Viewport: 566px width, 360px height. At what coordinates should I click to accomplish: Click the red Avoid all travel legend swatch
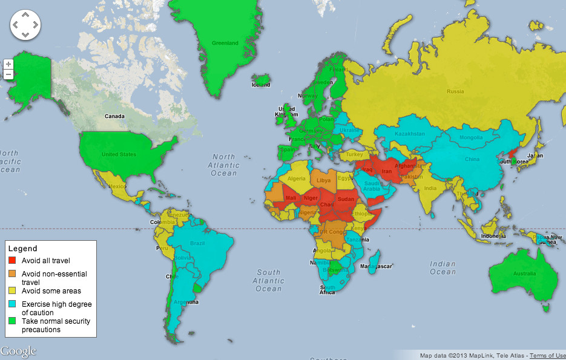[12, 261]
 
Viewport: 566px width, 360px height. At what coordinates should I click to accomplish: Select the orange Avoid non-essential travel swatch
[12, 274]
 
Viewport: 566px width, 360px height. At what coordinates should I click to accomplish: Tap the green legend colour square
[12, 321]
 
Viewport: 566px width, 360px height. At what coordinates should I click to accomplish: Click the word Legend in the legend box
[22, 249]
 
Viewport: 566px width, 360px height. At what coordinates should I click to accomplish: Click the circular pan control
[25, 25]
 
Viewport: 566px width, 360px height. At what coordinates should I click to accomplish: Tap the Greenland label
[225, 43]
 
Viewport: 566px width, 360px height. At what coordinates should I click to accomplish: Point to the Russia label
[455, 92]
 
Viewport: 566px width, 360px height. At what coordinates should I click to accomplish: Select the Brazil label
[198, 243]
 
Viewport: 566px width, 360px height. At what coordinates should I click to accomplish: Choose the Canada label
[114, 116]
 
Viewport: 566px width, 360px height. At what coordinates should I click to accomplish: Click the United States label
[119, 154]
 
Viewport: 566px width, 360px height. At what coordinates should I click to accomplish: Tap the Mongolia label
[471, 138]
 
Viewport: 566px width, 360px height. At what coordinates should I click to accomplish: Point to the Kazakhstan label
[409, 134]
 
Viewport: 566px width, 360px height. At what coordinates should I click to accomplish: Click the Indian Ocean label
[443, 267]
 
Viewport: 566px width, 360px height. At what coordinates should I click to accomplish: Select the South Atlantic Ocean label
[268, 281]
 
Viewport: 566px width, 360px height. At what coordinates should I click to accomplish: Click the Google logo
[18, 351]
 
